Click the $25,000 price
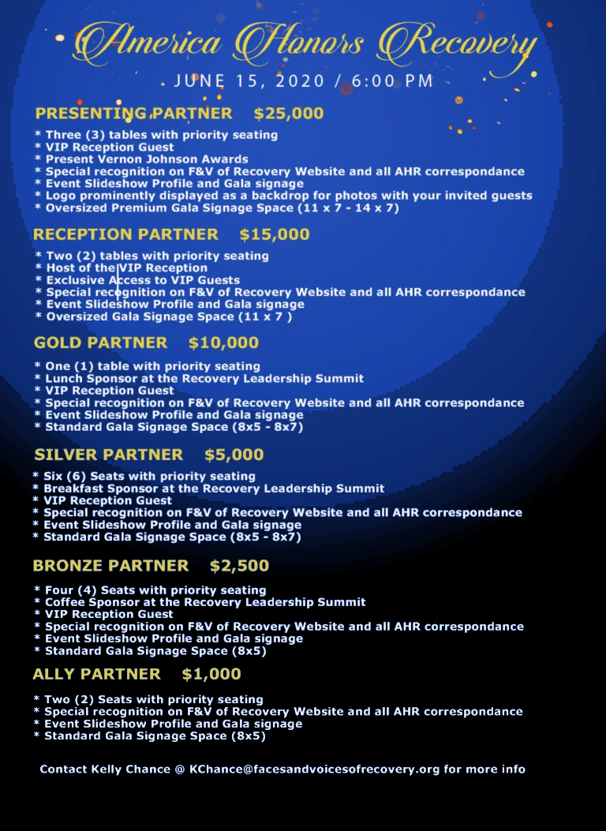289,114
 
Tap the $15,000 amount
275,234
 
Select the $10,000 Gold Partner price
223,343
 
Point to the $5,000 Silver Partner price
234,455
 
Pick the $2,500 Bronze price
239,566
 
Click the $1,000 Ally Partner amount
211,675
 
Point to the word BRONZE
68,566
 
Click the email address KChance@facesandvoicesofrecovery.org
314,769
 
